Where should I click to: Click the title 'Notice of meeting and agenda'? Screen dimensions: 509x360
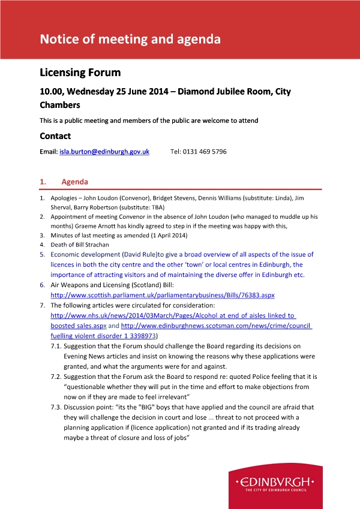[x=130, y=40]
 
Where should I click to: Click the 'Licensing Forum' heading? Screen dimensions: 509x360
[x=80, y=73]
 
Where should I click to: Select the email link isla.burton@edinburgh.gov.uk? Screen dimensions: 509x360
[x=104, y=152]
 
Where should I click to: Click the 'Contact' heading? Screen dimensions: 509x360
[x=55, y=136]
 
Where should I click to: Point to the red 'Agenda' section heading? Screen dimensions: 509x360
[x=74, y=182]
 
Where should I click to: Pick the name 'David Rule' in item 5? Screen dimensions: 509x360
[x=139, y=255]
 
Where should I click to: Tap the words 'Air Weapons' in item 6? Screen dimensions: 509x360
[x=71, y=286]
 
